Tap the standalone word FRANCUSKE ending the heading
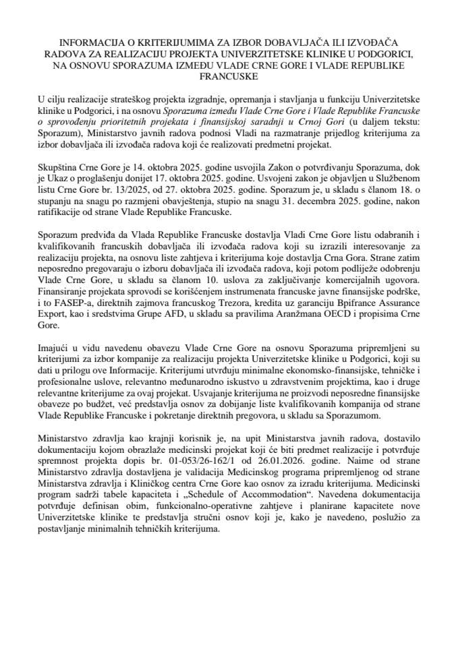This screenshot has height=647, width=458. (x=229, y=77)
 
